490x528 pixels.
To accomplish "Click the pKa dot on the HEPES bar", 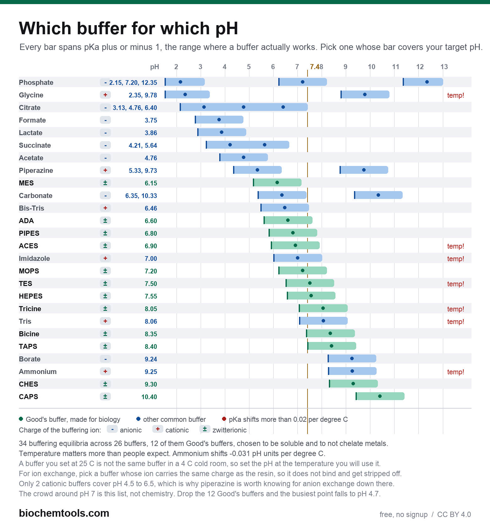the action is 311,296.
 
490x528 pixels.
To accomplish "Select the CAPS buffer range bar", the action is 380,396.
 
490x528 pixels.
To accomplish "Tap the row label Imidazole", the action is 34,258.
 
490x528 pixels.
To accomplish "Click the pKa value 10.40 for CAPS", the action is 149,397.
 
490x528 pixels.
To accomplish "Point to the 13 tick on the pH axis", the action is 444,67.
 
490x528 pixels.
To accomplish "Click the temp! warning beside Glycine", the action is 455,95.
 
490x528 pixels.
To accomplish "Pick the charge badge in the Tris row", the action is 105,321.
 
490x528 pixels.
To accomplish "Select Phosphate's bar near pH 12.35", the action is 423,82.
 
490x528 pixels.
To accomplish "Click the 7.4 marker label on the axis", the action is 314,67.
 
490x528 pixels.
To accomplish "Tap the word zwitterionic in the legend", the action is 229,430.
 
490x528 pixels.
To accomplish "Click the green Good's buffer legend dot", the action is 21,419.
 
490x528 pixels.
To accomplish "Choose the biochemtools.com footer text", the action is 64,513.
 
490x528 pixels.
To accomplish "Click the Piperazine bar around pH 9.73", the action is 364,170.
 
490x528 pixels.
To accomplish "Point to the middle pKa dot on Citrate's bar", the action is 243,107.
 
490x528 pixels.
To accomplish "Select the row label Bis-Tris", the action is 31,208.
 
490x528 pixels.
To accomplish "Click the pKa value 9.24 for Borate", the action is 151,359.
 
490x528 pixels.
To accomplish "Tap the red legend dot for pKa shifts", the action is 224,419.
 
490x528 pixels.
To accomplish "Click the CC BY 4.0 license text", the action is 454,514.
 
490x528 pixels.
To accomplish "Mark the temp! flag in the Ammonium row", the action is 455,372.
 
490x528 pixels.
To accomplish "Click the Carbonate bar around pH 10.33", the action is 378,195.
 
